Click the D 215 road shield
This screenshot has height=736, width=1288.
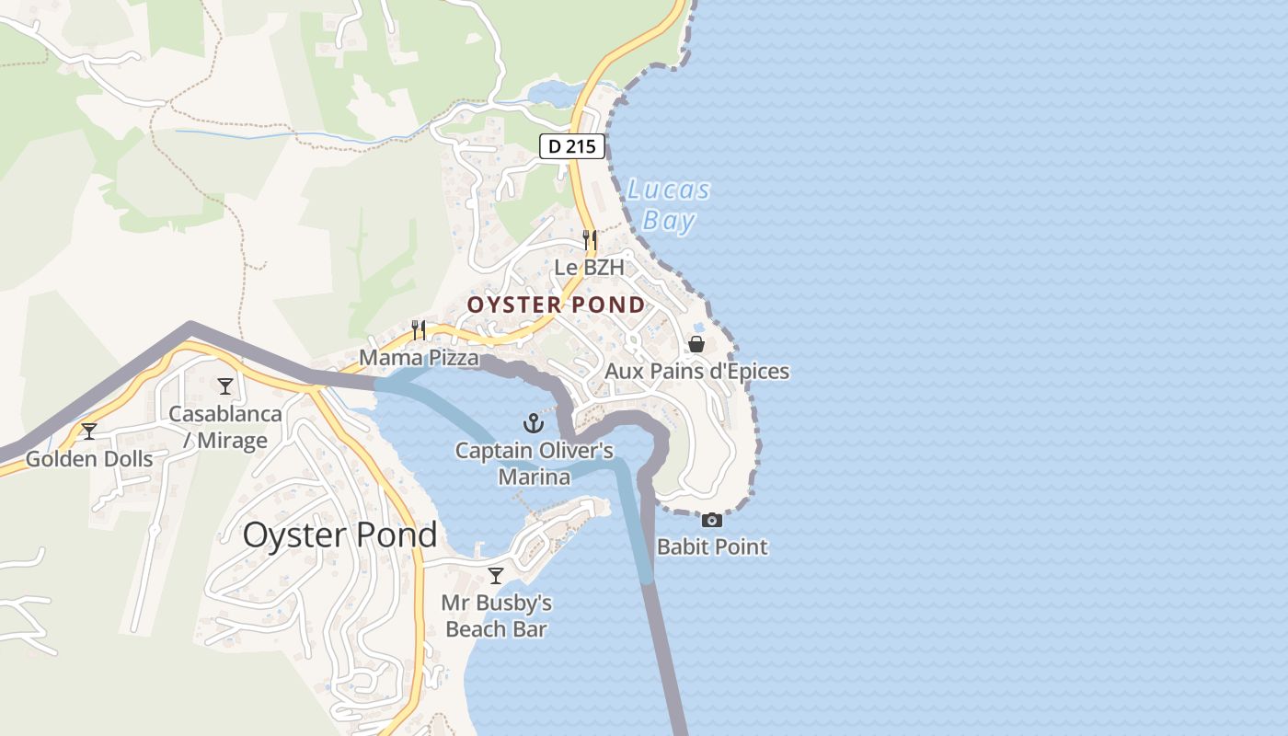[571, 145]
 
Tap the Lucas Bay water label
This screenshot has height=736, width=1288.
[669, 205]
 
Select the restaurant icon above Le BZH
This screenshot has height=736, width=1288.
[590, 240]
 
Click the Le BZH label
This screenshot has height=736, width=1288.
[590, 268]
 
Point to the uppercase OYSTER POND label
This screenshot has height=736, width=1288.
[556, 305]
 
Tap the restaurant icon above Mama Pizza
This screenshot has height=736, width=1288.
[419, 329]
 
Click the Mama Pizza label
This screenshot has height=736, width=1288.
[419, 357]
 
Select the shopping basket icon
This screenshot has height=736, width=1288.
[696, 344]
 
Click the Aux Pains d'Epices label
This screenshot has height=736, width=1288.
[696, 372]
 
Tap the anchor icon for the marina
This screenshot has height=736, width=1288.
[534, 423]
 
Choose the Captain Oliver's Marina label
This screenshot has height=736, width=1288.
[534, 464]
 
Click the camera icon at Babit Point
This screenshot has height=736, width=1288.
[712, 520]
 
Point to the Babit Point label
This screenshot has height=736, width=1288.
[712, 547]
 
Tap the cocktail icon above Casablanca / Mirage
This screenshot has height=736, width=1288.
[225, 386]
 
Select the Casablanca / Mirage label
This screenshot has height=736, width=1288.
[225, 427]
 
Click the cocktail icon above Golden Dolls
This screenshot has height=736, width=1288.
[89, 431]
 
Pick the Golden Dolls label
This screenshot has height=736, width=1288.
[89, 458]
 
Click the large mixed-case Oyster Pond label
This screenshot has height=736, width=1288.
[339, 535]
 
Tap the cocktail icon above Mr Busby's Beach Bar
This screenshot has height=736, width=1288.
[496, 576]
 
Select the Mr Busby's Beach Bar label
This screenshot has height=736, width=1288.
[496, 616]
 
